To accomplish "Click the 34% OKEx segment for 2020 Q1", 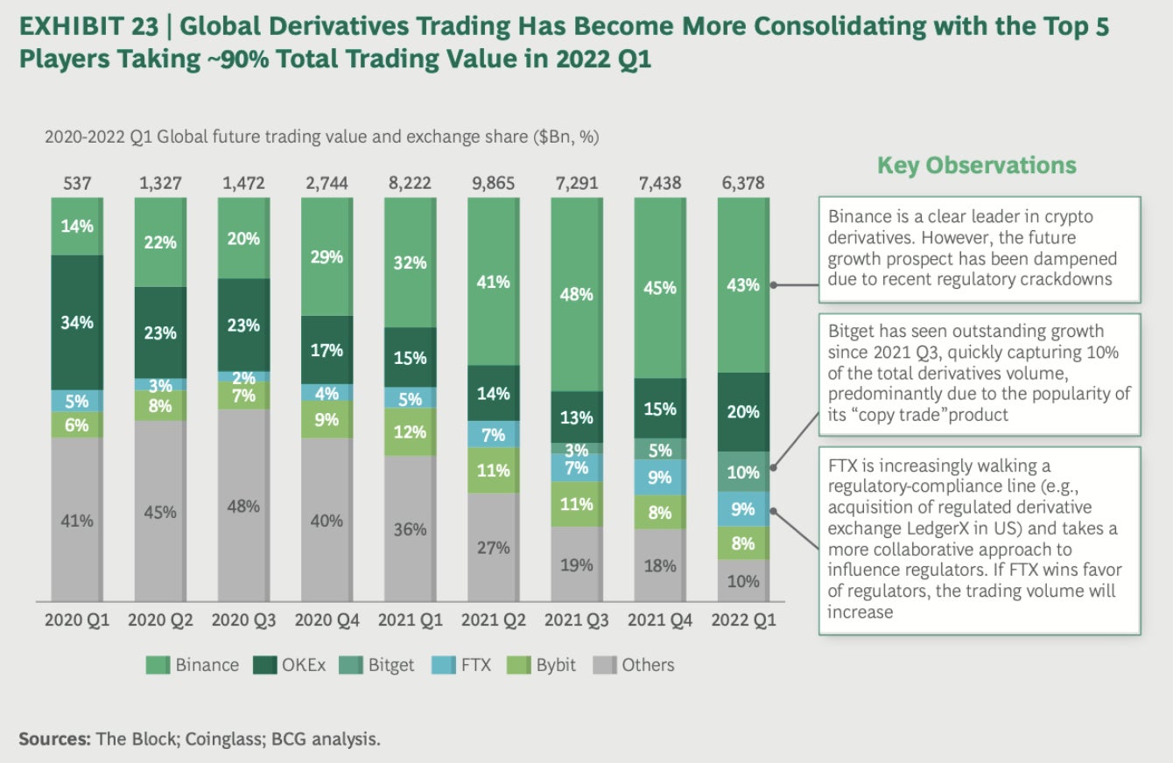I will tap(76, 322).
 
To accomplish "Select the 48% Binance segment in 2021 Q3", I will tap(576, 294).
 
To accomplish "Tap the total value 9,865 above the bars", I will tap(494, 183).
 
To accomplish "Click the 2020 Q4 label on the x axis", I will tap(327, 620).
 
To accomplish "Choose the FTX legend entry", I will tap(464, 665).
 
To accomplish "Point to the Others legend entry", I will tap(635, 665).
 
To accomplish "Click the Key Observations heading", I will tap(977, 165).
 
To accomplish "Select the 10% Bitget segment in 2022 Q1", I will tap(742, 472).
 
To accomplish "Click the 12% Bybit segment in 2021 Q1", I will tap(410, 431).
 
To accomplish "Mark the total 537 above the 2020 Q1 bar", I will tap(77, 183).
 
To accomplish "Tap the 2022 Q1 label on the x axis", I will tap(743, 620).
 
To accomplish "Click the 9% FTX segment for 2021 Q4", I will tap(659, 477).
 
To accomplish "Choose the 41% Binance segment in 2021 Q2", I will tap(493, 282).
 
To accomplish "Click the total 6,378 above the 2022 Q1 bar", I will tap(743, 183).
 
